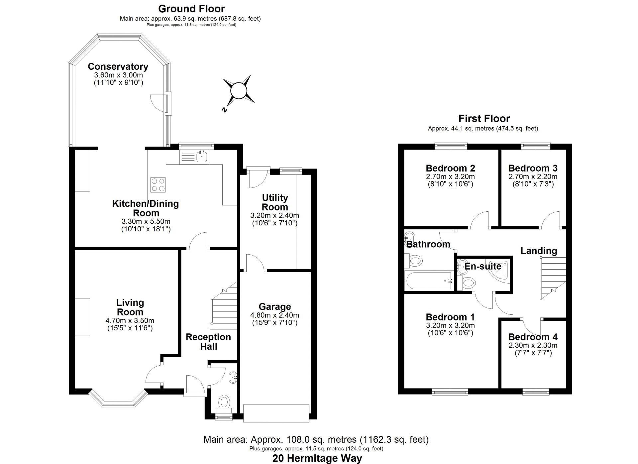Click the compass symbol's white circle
point(239,91)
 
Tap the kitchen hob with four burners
point(158,185)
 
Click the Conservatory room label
point(118,66)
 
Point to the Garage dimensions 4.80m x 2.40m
point(274,315)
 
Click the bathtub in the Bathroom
point(429,280)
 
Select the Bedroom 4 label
point(533,337)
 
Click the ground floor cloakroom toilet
point(225,402)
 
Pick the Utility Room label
point(274,202)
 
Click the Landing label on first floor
point(538,251)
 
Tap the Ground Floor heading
point(191,9)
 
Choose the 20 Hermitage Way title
point(317,459)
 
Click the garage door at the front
point(276,413)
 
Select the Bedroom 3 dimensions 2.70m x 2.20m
point(533,177)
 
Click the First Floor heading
point(484,118)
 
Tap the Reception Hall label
point(208,341)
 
